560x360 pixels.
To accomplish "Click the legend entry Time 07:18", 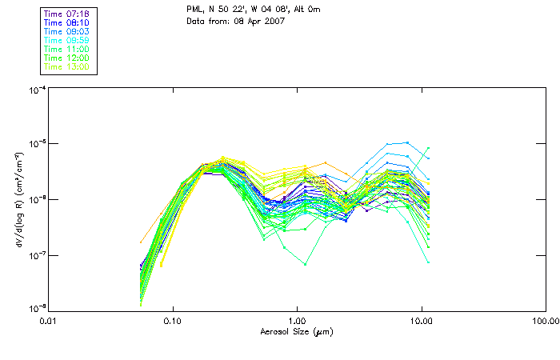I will tap(67, 14).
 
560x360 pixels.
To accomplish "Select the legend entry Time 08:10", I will tap(67, 22).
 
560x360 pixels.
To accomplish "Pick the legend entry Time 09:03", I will tap(67, 31).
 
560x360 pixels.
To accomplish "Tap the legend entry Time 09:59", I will tap(67, 40).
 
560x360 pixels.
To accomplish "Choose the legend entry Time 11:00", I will tap(67, 49).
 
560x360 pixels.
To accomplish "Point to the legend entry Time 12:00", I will tap(67, 58).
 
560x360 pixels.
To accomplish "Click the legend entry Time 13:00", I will tap(67, 66).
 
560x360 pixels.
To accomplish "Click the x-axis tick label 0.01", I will tap(49, 321).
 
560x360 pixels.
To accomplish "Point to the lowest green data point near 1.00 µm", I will tap(305, 264).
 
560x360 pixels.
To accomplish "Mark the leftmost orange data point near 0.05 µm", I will tap(142, 242).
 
